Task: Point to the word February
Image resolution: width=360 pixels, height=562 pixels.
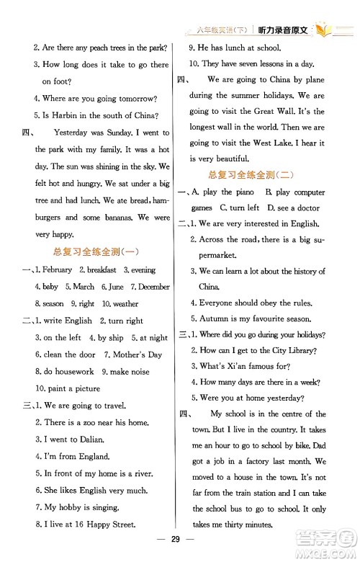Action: tap(55, 269)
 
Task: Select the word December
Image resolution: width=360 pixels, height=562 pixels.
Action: tap(154, 287)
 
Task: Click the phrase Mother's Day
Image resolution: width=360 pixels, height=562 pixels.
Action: tap(138, 354)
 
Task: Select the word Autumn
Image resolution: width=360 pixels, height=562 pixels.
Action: tap(212, 319)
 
